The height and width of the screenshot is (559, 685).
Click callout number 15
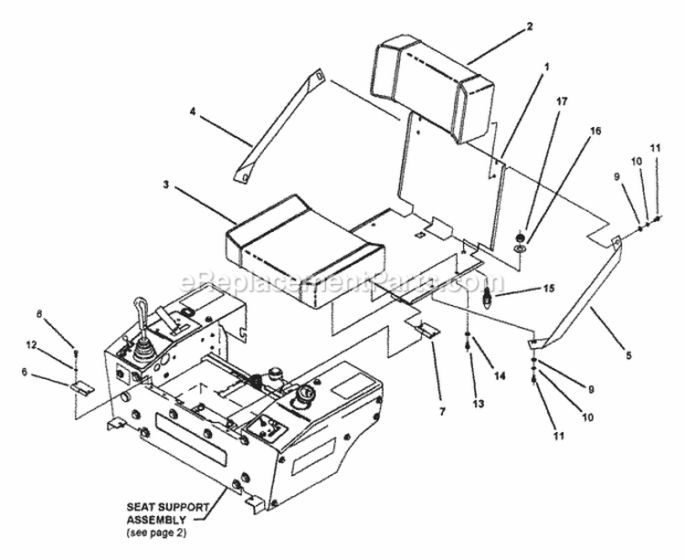(550, 289)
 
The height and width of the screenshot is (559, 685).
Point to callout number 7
(444, 412)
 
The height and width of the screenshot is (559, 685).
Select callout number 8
(65, 313)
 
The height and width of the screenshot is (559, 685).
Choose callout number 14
(499, 375)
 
